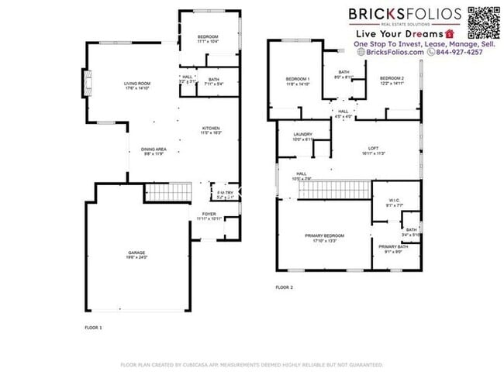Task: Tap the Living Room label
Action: coord(137,83)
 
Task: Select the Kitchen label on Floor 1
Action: coord(212,129)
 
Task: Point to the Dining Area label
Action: coord(154,149)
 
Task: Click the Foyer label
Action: coord(209,215)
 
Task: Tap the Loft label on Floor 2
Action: coord(373,151)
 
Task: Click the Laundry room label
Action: coord(302,136)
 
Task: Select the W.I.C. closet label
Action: coord(394,204)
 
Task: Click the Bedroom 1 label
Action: coord(297,80)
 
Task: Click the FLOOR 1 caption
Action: coord(93,328)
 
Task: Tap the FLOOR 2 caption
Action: coord(284,287)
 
